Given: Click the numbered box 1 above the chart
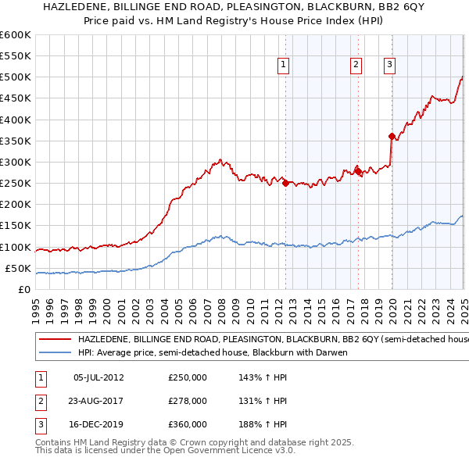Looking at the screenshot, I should [283, 66].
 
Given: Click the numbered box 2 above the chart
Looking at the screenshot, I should [356, 66].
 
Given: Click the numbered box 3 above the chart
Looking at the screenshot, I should [389, 66].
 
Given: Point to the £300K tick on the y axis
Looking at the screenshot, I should [16, 162].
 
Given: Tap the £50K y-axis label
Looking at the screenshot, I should [18, 268].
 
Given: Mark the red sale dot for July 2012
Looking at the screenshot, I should [285, 183].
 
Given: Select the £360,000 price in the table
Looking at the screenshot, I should [188, 424].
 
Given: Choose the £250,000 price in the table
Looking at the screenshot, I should [188, 377].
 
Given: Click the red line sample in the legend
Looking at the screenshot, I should [55, 340].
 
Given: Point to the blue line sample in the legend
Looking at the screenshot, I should [55, 352].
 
